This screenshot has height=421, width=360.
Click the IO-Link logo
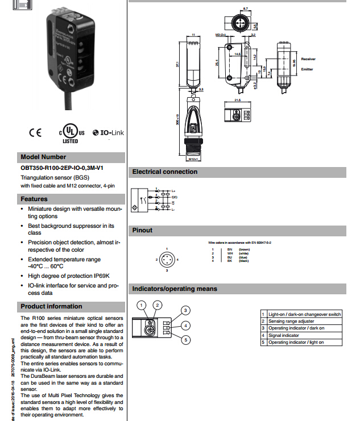107,133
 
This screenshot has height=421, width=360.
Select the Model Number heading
43,157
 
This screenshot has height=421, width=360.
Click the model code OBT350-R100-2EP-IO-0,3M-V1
62,169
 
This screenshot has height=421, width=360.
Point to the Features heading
34,199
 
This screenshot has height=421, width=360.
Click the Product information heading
51,306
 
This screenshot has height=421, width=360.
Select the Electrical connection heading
165,172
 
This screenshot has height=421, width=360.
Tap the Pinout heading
143,230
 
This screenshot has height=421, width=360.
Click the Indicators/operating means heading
175,289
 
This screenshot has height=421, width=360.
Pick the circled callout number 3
185,310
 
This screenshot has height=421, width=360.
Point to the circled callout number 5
185,340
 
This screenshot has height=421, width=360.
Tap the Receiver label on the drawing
308,59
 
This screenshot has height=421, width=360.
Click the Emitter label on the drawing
307,69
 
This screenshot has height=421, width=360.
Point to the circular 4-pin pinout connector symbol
167,260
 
